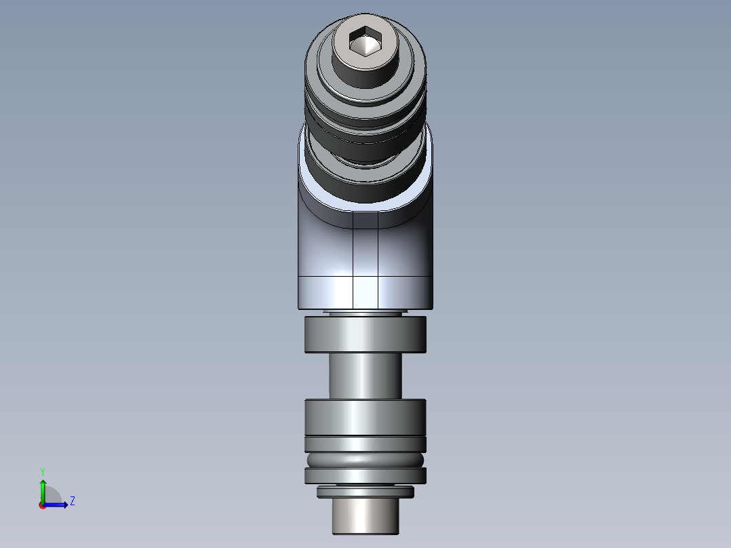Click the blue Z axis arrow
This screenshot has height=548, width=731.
58,505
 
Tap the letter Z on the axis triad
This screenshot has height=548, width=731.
73,502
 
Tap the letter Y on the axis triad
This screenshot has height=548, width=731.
43,470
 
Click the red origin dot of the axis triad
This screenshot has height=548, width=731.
42,505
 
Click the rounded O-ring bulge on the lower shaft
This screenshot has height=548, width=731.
365,459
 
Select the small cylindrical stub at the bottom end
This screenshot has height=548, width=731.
365,516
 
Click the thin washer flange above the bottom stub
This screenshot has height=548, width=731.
365,492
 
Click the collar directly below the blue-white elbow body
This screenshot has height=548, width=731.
365,334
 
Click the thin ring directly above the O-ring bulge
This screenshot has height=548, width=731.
365,444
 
